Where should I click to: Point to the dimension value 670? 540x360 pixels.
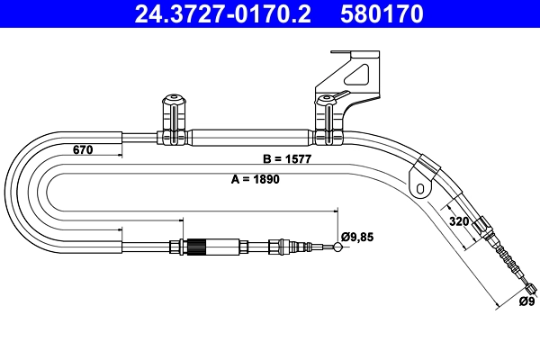pyautogui.click(x=82, y=150)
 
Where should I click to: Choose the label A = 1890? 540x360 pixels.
pyautogui.click(x=256, y=178)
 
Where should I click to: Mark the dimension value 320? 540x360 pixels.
pyautogui.click(x=459, y=220)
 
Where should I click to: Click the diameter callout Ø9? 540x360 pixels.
pyautogui.click(x=526, y=301)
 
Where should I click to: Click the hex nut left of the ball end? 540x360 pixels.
pyautogui.click(x=286, y=246)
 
